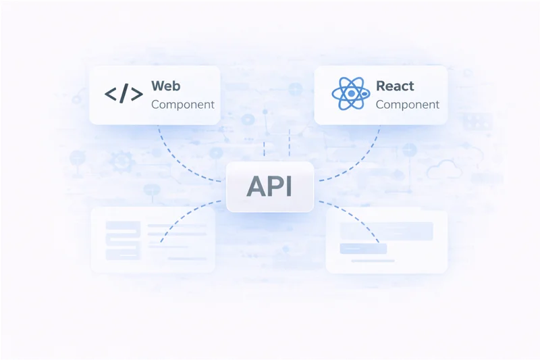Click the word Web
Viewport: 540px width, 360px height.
[x=165, y=86]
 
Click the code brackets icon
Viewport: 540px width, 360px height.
[x=124, y=95]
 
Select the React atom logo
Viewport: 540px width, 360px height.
[x=350, y=94]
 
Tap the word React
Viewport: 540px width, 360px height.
[x=395, y=86]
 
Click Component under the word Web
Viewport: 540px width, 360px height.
[x=183, y=105]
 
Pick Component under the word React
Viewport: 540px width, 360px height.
[x=407, y=105]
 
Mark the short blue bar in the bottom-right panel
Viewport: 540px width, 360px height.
[x=363, y=249]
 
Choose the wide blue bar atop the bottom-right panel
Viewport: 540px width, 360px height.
[x=386, y=230]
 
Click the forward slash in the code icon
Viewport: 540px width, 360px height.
[x=124, y=95]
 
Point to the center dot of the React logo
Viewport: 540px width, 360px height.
[x=350, y=94]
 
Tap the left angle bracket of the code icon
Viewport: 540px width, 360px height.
[x=111, y=95]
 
